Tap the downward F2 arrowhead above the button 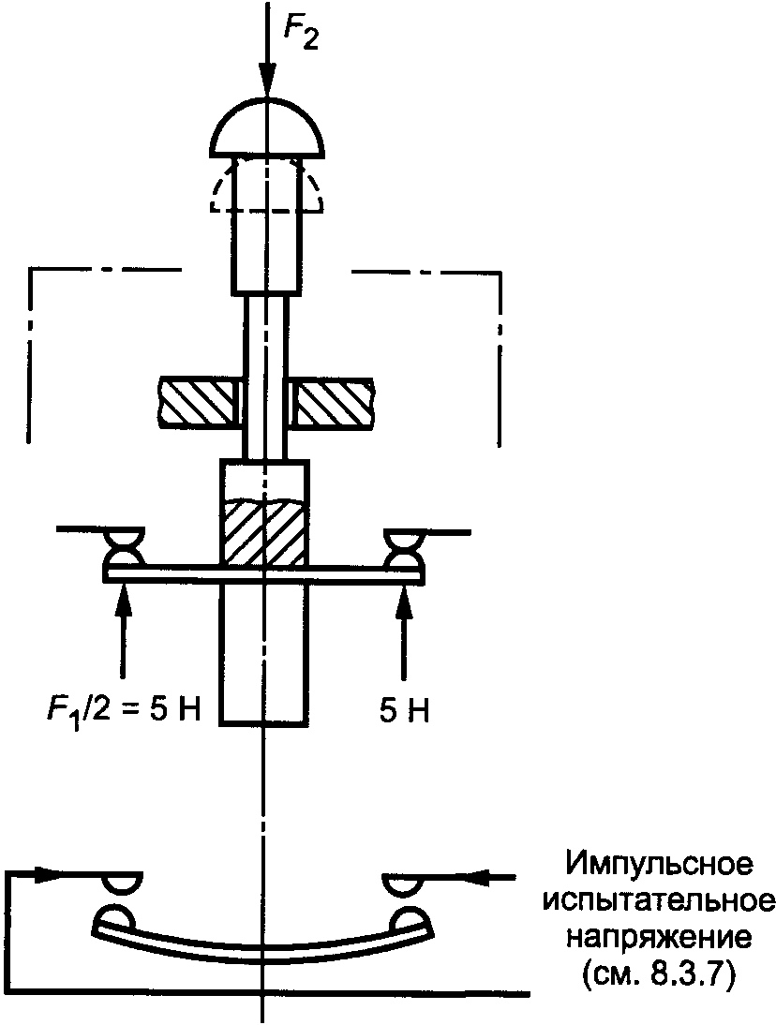coord(268,82)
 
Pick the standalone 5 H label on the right coord(404,711)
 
